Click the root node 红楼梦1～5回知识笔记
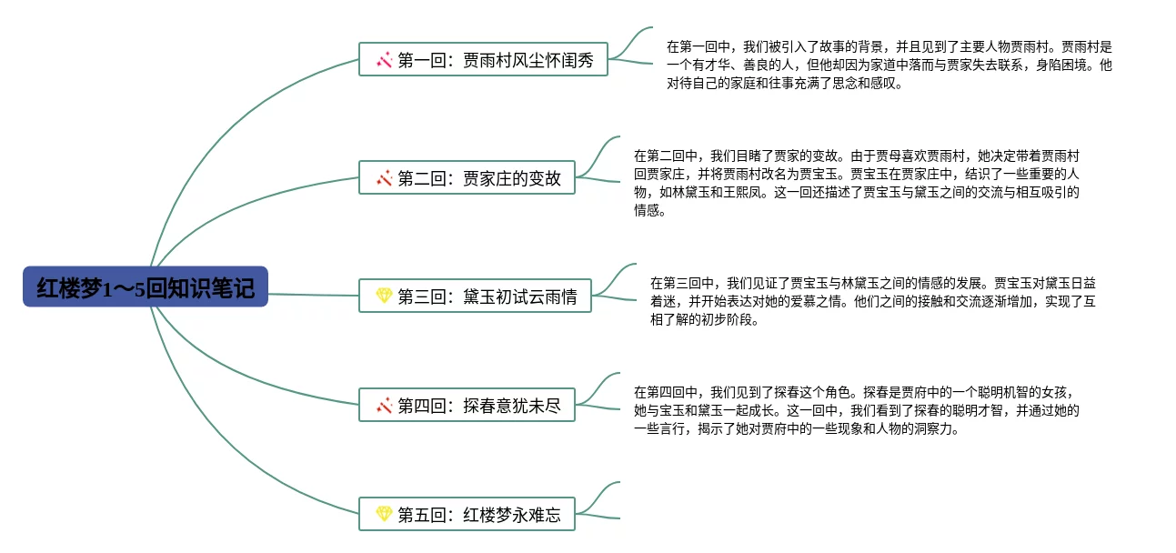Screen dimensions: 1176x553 point(146,287)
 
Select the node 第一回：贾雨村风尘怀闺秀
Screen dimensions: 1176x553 point(483,60)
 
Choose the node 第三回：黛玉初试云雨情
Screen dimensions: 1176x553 point(475,296)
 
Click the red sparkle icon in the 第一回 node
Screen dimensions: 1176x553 point(385,60)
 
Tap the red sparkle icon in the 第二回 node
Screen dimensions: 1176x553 point(385,178)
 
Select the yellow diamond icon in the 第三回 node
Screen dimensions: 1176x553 point(384,296)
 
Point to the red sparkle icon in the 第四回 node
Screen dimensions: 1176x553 point(385,406)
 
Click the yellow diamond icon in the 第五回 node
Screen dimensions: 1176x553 point(384,515)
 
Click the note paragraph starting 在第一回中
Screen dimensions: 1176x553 point(889,65)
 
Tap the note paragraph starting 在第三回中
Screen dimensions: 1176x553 point(872,301)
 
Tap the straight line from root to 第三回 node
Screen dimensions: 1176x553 point(314,295)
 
